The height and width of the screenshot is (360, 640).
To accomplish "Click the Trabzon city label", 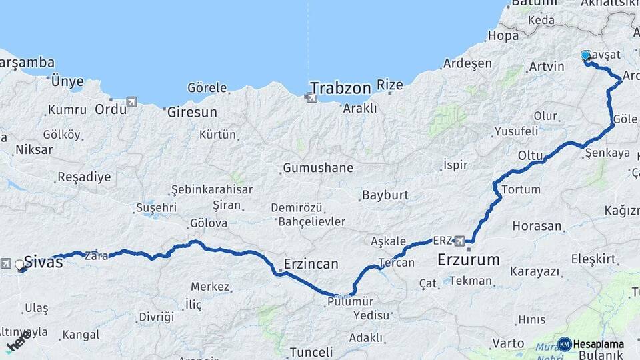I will tap(340, 88).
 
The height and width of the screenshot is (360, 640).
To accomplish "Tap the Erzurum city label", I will tap(468, 259).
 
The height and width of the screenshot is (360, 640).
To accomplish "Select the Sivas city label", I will tap(43, 262).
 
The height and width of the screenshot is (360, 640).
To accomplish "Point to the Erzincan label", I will tap(311, 263).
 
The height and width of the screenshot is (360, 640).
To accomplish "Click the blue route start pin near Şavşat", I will tap(586, 56).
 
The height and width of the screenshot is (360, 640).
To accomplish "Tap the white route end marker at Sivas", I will tap(20, 265).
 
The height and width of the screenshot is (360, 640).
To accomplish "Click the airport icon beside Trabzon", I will tap(311, 99).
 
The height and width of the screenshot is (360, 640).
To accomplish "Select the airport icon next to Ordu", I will tap(131, 102).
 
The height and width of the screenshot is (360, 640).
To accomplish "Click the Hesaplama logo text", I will tap(598, 344).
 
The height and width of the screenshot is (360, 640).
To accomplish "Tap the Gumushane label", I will tap(318, 168).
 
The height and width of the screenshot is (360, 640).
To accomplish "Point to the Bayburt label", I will tap(385, 196).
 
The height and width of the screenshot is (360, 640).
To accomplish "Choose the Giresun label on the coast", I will tap(192, 112).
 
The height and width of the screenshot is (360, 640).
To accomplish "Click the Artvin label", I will tap(546, 67).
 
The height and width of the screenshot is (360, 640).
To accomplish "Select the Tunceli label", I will tap(311, 352).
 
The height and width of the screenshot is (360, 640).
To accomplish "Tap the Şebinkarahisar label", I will tap(212, 189).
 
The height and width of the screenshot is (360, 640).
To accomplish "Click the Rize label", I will tap(390, 85).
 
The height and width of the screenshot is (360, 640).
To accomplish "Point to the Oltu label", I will tap(531, 155).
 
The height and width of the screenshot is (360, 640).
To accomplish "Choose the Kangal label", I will tap(80, 335).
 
